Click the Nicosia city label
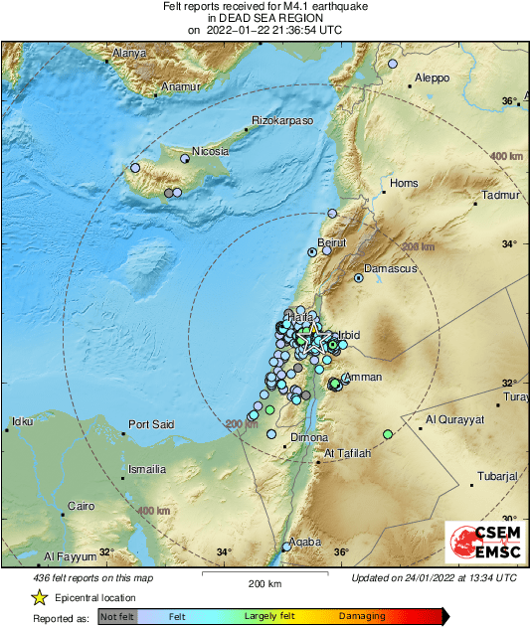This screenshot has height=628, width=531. click(x=211, y=151)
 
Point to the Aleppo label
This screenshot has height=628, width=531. click(x=432, y=78)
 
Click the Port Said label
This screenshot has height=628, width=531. click(x=151, y=424)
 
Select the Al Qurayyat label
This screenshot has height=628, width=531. click(x=454, y=419)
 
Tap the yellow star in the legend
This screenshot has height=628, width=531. click(x=40, y=597)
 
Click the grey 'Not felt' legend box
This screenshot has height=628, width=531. click(x=116, y=617)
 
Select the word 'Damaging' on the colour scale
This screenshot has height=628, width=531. click(x=361, y=617)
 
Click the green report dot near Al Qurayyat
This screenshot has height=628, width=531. click(x=388, y=434)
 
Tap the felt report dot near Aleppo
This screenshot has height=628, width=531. click(x=393, y=64)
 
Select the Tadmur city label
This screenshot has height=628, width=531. click(x=501, y=196)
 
